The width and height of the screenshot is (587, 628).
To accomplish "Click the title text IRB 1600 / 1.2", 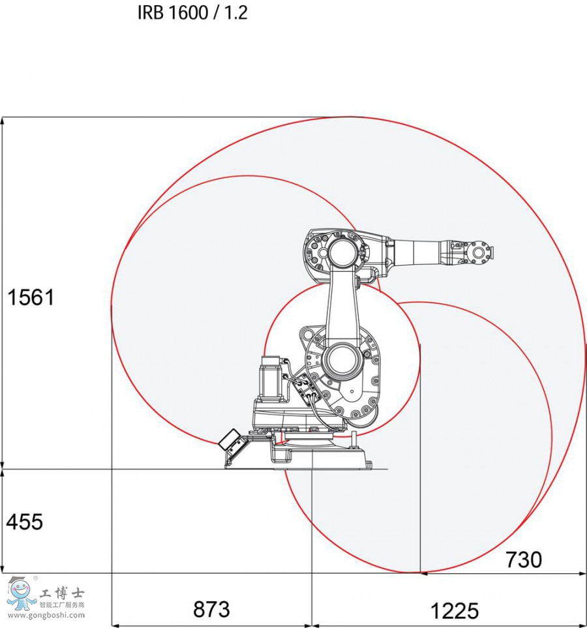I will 192,12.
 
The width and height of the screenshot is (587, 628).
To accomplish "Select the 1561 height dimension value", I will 31,297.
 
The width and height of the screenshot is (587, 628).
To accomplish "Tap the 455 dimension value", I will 25,522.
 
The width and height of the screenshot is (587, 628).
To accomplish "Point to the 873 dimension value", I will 211,609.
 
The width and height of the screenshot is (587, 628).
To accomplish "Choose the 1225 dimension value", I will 454,610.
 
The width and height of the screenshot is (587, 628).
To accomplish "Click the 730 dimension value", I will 524,560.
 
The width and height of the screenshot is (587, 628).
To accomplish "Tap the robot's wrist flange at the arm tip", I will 480,252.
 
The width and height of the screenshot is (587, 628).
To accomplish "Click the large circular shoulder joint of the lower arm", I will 340,361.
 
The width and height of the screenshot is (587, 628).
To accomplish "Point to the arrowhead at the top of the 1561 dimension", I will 4,121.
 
